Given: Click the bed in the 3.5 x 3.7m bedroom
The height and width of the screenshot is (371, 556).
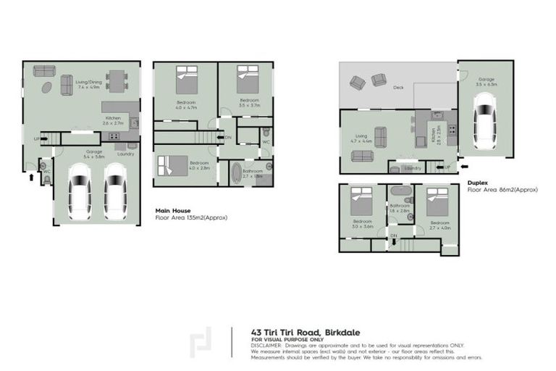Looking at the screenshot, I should click(x=249, y=78).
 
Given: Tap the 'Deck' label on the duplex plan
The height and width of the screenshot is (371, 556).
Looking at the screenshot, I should click(x=397, y=88).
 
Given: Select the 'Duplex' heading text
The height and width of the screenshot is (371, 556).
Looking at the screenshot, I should click(x=477, y=183).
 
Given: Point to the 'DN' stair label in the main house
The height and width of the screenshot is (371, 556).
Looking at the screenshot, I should click(x=228, y=138).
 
